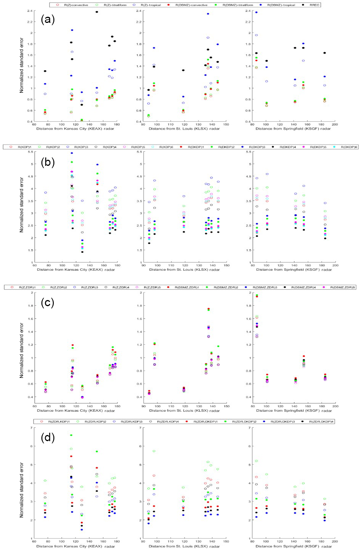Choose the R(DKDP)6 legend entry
[x=346, y=147]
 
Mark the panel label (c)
[x=48, y=303]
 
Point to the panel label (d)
[x=48, y=437]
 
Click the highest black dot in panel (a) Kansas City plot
[x=97, y=12]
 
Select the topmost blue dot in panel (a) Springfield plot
[x=256, y=12]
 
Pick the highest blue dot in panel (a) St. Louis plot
[x=208, y=14]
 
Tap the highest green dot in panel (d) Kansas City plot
[x=71, y=435]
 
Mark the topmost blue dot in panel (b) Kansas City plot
[x=72, y=153]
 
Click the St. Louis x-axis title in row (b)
[x=184, y=270]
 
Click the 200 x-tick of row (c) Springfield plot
[x=334, y=406]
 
